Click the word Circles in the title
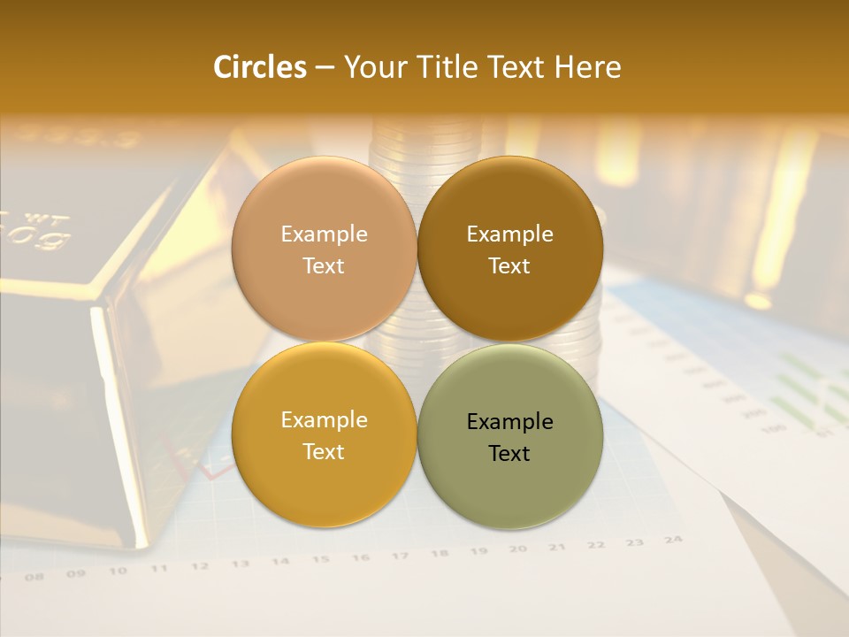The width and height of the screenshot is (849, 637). tap(259, 67)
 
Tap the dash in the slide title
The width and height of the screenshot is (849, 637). tap(325, 68)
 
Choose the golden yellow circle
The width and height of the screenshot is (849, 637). tap(324, 478)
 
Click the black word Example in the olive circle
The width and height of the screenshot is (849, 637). tap(509, 422)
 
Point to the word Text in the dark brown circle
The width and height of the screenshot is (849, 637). tap(509, 266)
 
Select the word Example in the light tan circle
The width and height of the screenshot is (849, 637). tap(324, 234)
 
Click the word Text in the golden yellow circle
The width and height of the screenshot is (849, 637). tap(324, 452)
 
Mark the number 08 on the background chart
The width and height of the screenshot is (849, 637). tap(34, 577)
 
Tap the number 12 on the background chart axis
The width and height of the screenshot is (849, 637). tap(200, 566)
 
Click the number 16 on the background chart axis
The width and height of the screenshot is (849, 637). tap(360, 557)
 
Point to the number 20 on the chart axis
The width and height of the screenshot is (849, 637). tap(518, 549)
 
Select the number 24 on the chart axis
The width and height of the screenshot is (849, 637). tap(673, 539)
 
